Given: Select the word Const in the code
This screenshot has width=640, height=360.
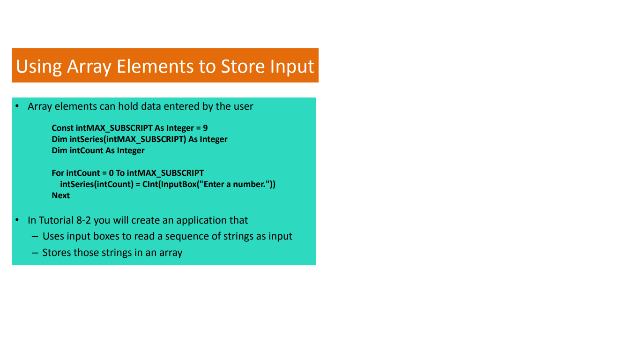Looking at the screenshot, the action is point(63,128).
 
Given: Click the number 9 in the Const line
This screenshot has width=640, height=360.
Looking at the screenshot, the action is point(205,128).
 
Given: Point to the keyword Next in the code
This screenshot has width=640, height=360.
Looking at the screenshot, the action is point(60,195).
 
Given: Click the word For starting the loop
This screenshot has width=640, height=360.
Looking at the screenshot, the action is point(58,173).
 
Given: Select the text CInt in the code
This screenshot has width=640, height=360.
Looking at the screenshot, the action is point(150,184).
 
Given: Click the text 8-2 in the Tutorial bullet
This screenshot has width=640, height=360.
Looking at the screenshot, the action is point(83,220).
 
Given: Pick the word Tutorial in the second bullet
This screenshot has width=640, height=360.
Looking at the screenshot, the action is point(56,220).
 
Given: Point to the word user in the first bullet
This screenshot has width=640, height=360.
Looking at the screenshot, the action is point(244,106).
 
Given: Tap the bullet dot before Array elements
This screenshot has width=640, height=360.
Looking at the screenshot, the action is point(17,106).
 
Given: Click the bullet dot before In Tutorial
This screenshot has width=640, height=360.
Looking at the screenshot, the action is point(17,220).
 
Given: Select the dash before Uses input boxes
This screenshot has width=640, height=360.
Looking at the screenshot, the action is point(35,237).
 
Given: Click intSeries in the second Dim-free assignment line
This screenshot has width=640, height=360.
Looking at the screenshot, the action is point(77,184).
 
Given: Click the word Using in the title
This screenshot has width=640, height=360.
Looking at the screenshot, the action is point(39,67).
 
